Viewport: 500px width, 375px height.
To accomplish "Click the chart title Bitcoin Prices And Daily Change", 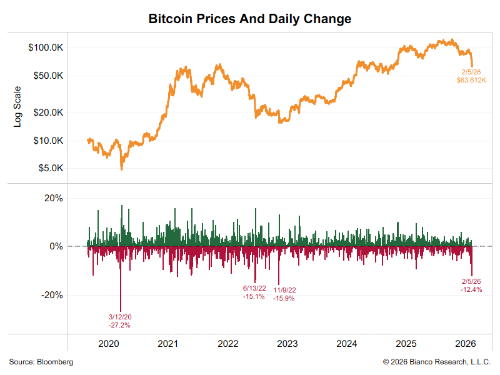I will pos(250,19).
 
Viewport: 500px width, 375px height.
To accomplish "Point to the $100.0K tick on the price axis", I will pos(46,47).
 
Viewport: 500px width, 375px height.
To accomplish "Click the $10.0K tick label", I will pos(47,141).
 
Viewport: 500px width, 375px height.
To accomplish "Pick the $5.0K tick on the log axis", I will pos(49,168).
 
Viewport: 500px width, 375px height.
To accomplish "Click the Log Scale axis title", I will pos(17,107).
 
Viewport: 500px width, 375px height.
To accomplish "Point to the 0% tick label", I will pos(56,246).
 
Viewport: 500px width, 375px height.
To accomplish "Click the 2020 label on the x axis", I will pos(109,344).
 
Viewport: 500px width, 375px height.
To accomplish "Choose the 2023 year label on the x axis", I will pos(287,344).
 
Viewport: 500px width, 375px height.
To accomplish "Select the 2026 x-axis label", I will pos(466,344).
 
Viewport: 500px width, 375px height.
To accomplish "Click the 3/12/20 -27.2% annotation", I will pos(119,321).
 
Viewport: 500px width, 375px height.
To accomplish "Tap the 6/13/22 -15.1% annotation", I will pos(254,292).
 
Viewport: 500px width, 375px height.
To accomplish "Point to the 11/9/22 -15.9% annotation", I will pos(284,294).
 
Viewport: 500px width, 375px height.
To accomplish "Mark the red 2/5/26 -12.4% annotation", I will pos(471,286).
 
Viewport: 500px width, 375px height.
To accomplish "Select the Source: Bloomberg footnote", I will pos(41,362).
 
